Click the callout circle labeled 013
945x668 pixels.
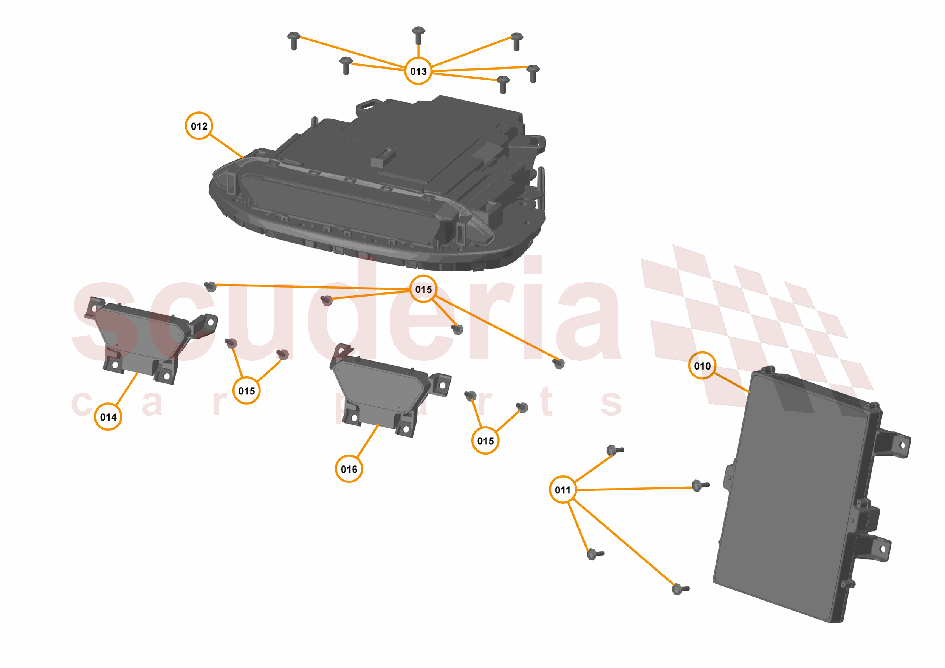click(418, 71)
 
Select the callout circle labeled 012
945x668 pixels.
click(199, 126)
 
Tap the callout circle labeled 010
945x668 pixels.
click(702, 365)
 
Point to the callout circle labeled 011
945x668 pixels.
click(562, 490)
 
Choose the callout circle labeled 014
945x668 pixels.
click(108, 417)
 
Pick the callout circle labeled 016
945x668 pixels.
click(349, 469)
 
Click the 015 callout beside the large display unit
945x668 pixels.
click(423, 289)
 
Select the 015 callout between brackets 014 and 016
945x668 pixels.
click(246, 391)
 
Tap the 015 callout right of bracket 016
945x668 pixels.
click(485, 441)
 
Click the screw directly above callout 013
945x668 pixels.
click(418, 36)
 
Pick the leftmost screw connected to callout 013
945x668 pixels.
click(293, 41)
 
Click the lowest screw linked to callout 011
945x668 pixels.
click(680, 589)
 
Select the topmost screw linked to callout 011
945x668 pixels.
click(615, 450)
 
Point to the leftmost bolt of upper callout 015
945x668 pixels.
click(210, 286)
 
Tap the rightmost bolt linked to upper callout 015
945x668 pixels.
click(559, 363)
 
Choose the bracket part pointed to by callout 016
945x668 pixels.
click(389, 390)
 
